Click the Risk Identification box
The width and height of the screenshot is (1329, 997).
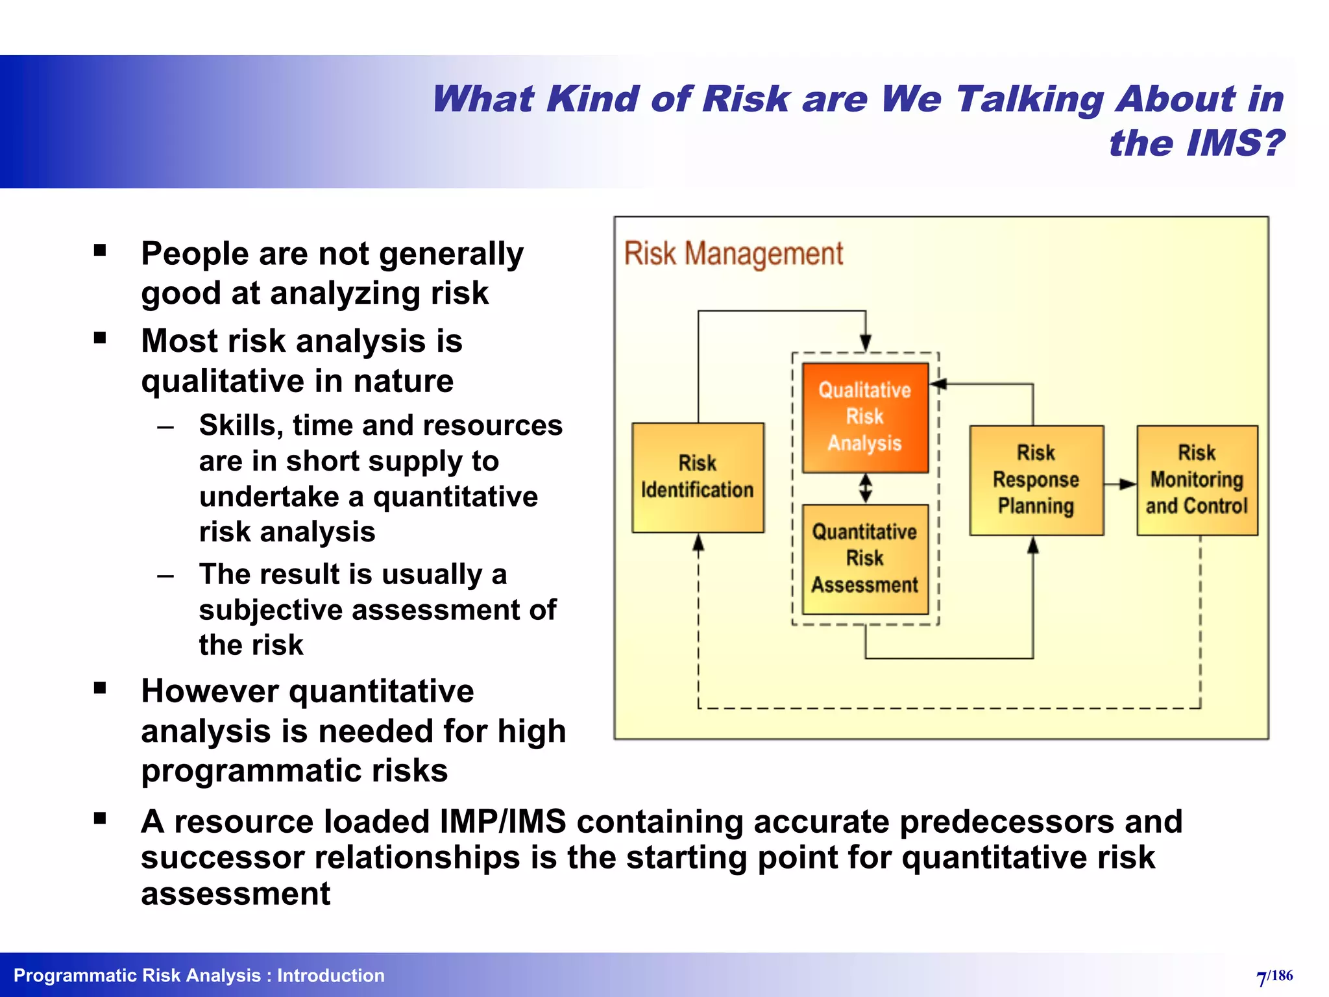pos(698,477)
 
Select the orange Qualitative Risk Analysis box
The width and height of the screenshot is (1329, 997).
pos(865,417)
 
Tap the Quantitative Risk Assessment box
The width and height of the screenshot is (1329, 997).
pos(865,558)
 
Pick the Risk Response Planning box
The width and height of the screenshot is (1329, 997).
pos(1036,480)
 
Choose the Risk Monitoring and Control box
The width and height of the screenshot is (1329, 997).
pos(1197,480)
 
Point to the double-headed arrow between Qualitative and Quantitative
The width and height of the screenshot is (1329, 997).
pos(866,488)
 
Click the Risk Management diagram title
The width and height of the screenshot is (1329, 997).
pos(733,253)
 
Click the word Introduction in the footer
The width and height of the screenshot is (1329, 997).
pos(330,976)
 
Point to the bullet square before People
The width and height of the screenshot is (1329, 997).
pos(100,251)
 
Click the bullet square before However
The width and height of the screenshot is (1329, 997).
pos(100,689)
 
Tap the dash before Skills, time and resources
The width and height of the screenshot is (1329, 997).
pos(165,428)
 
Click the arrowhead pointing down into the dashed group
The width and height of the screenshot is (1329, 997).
pos(865,343)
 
